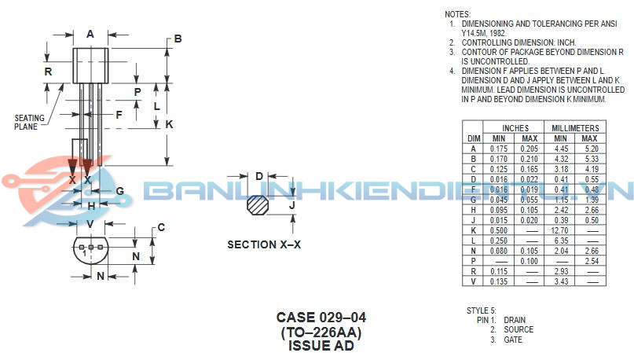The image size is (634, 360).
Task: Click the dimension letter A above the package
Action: click(90, 34)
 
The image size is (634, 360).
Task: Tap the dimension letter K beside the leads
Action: click(169, 125)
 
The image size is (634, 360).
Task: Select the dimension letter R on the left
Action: click(49, 72)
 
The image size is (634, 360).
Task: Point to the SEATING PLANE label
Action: click(30, 122)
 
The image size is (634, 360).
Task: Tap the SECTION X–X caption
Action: click(264, 244)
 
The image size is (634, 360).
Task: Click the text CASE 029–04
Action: click(321, 318)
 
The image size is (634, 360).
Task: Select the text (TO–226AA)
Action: click(321, 332)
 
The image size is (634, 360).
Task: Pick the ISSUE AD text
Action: click(321, 346)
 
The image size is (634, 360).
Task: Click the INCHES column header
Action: click(510, 128)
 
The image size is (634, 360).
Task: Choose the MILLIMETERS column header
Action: click(575, 128)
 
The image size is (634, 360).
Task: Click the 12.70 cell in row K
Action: click(560, 231)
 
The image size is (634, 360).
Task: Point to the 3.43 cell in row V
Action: click(560, 281)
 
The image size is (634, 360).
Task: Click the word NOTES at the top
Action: click(457, 14)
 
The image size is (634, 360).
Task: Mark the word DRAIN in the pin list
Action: click(515, 320)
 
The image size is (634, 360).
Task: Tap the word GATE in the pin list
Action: click(513, 340)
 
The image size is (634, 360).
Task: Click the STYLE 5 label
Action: click(481, 310)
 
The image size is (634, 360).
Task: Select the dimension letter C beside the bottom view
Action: click(161, 228)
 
